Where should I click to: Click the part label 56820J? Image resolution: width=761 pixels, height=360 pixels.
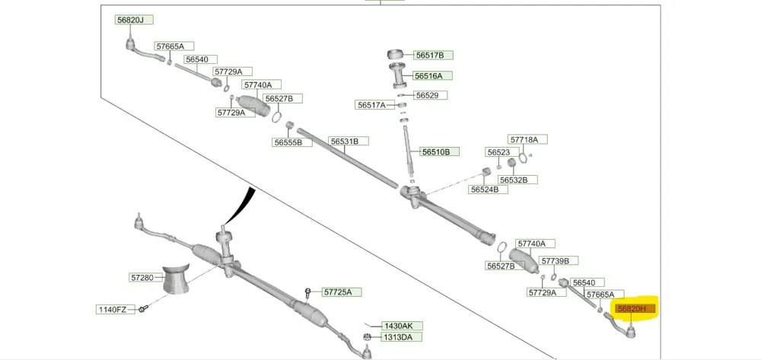click(x=135, y=20)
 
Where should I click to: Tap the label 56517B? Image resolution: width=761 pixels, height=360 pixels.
click(x=434, y=55)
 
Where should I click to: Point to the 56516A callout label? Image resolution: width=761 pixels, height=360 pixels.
click(x=432, y=76)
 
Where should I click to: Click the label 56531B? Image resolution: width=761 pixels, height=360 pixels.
click(x=349, y=141)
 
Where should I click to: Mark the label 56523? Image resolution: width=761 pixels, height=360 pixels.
click(x=498, y=152)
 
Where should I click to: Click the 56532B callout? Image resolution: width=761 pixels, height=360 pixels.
click(x=517, y=180)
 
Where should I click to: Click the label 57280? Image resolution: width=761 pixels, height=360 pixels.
click(x=142, y=278)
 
